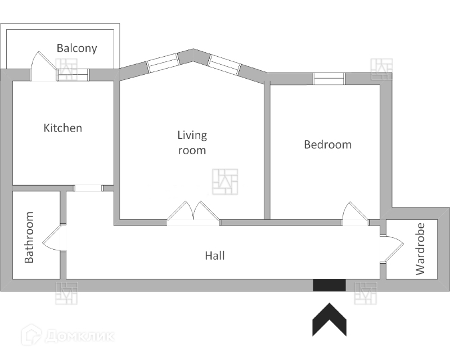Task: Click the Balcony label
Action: pyautogui.click(x=76, y=48)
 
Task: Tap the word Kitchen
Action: pyautogui.click(x=63, y=128)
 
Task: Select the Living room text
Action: pyautogui.click(x=192, y=143)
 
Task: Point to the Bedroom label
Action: pyautogui.click(x=327, y=145)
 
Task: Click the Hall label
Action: pyautogui.click(x=215, y=256)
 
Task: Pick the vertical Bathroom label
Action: pyautogui.click(x=30, y=237)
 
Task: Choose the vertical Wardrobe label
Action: pyautogui.click(x=420, y=249)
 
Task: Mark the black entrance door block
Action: pyautogui.click(x=329, y=285)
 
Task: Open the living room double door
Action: pyautogui.click(x=193, y=214)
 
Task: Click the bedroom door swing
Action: pyautogui.click(x=354, y=214)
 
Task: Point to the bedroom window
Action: pyautogui.click(x=328, y=79)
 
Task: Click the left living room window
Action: pyautogui.click(x=162, y=63)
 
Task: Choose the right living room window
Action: pyautogui.click(x=224, y=65)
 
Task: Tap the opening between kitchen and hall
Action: pyautogui.click(x=88, y=188)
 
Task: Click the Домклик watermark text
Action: pyautogui.click(x=79, y=336)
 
